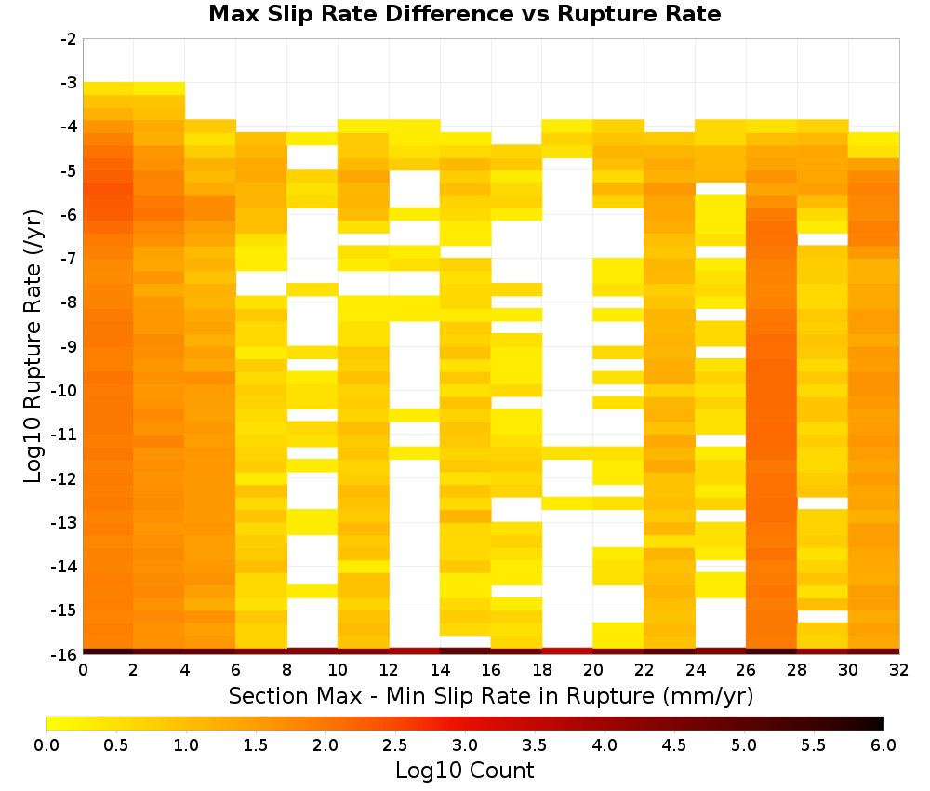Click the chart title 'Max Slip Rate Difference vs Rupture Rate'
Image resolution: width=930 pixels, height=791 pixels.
[464, 14]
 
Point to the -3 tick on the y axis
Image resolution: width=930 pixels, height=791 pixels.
[69, 83]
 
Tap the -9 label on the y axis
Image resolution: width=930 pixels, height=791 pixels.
[69, 346]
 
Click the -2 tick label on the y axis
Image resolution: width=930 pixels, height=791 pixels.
[69, 39]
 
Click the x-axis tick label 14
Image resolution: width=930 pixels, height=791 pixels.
[440, 670]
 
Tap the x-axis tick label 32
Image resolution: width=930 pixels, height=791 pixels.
[899, 670]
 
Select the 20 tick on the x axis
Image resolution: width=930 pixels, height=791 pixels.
[592, 670]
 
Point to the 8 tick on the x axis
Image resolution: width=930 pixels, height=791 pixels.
[286, 670]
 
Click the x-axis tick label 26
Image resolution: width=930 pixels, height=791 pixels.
[746, 670]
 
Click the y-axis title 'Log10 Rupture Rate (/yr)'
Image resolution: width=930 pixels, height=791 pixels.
[33, 346]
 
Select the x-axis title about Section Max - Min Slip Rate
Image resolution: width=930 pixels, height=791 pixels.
[491, 695]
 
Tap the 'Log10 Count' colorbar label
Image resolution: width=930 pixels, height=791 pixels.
[464, 771]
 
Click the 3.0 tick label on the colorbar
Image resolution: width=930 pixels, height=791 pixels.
[465, 744]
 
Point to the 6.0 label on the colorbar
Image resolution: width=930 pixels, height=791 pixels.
[883, 744]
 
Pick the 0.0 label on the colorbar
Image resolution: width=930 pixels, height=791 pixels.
[46, 744]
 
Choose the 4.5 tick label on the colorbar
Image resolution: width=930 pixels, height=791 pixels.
[673, 744]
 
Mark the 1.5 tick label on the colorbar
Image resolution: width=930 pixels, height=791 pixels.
[256, 744]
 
